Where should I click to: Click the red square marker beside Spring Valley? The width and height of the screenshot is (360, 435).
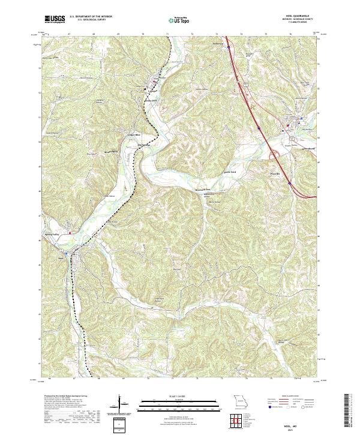coord(70,233)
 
